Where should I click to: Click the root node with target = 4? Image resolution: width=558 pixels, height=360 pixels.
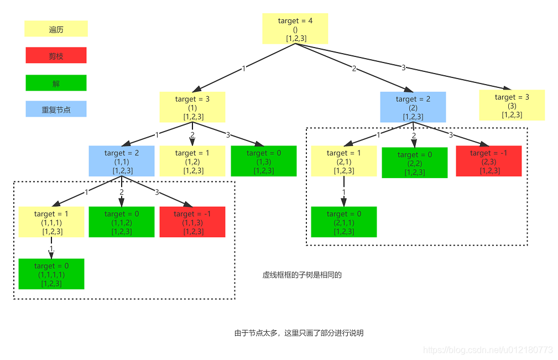pyautogui.click(x=295, y=29)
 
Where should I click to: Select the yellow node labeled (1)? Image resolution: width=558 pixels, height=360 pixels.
pyautogui.click(x=192, y=107)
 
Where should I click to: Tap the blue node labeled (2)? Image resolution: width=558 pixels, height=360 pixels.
pyautogui.click(x=413, y=107)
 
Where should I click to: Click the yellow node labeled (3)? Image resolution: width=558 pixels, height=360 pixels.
pyautogui.click(x=512, y=105)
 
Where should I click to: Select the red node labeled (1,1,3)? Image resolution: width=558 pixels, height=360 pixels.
pyautogui.click(x=192, y=222)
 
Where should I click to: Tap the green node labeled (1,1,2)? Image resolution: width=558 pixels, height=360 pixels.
pyautogui.click(x=121, y=222)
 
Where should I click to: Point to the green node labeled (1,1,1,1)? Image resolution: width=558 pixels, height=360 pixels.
pyautogui.click(x=51, y=274)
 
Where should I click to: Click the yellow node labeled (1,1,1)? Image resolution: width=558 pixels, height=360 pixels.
pyautogui.click(x=51, y=222)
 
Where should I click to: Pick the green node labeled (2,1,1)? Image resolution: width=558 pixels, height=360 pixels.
pyautogui.click(x=343, y=222)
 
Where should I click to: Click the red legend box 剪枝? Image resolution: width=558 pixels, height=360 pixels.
pyautogui.click(x=56, y=55)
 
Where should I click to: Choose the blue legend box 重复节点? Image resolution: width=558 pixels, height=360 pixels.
pyautogui.click(x=56, y=109)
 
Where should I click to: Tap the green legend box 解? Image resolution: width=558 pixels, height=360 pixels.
pyautogui.click(x=56, y=83)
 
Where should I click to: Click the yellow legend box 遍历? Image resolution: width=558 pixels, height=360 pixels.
pyautogui.click(x=56, y=29)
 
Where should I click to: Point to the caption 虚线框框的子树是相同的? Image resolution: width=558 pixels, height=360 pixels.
pyautogui.click(x=302, y=275)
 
